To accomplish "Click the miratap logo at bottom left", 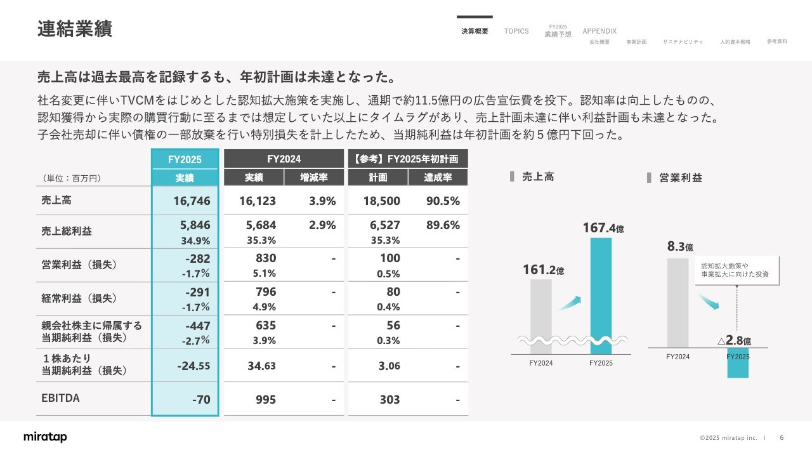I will (x=45, y=437).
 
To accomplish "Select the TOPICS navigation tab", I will (x=516, y=31).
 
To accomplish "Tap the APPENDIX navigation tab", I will (x=599, y=31).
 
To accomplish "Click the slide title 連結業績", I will (x=75, y=29).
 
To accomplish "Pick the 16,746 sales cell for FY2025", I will (x=192, y=201).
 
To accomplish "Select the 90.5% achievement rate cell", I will (x=443, y=201).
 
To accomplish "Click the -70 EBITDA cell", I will (x=200, y=399).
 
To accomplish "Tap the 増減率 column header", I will (x=313, y=178).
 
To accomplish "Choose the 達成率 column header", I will (x=438, y=178).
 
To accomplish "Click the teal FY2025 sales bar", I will (x=601, y=295).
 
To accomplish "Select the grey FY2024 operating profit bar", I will (x=678, y=303).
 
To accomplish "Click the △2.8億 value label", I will (x=734, y=341).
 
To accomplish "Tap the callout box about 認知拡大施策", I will (x=737, y=270).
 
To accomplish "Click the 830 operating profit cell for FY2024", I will (x=266, y=258).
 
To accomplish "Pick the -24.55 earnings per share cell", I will (x=193, y=366).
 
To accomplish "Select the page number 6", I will (x=782, y=437).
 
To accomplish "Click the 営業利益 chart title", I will (x=680, y=178).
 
